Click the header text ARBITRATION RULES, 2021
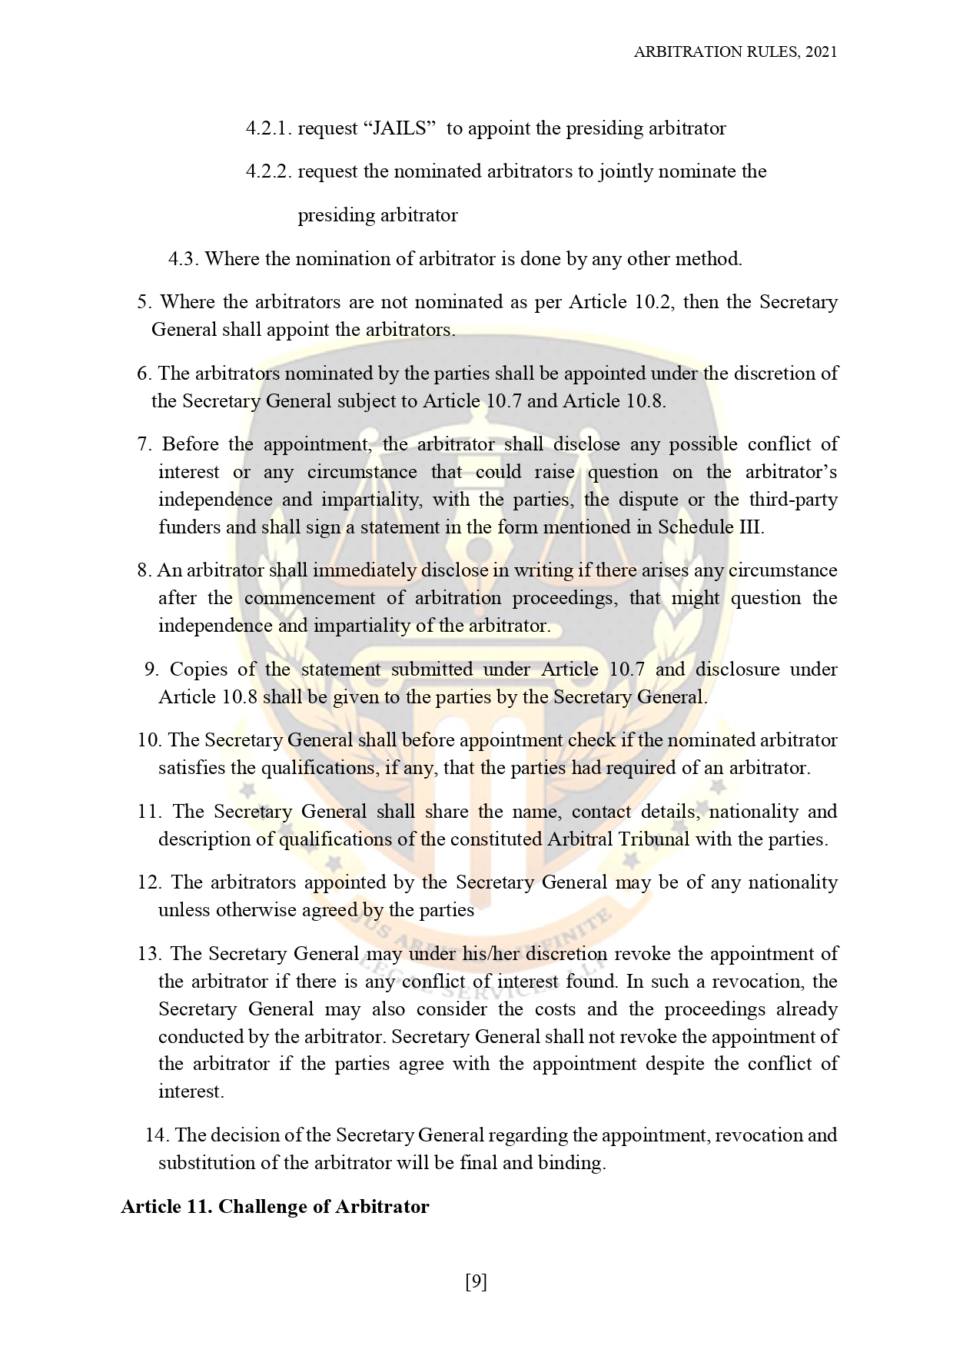pyautogui.click(x=735, y=52)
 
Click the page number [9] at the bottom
pyautogui.click(x=476, y=1281)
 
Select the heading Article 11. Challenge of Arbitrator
pyautogui.click(x=274, y=1206)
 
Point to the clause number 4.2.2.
pyautogui.click(x=269, y=171)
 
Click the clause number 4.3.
pyautogui.click(x=184, y=258)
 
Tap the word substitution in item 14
pyautogui.click(x=205, y=1162)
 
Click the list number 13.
pyautogui.click(x=148, y=953)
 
